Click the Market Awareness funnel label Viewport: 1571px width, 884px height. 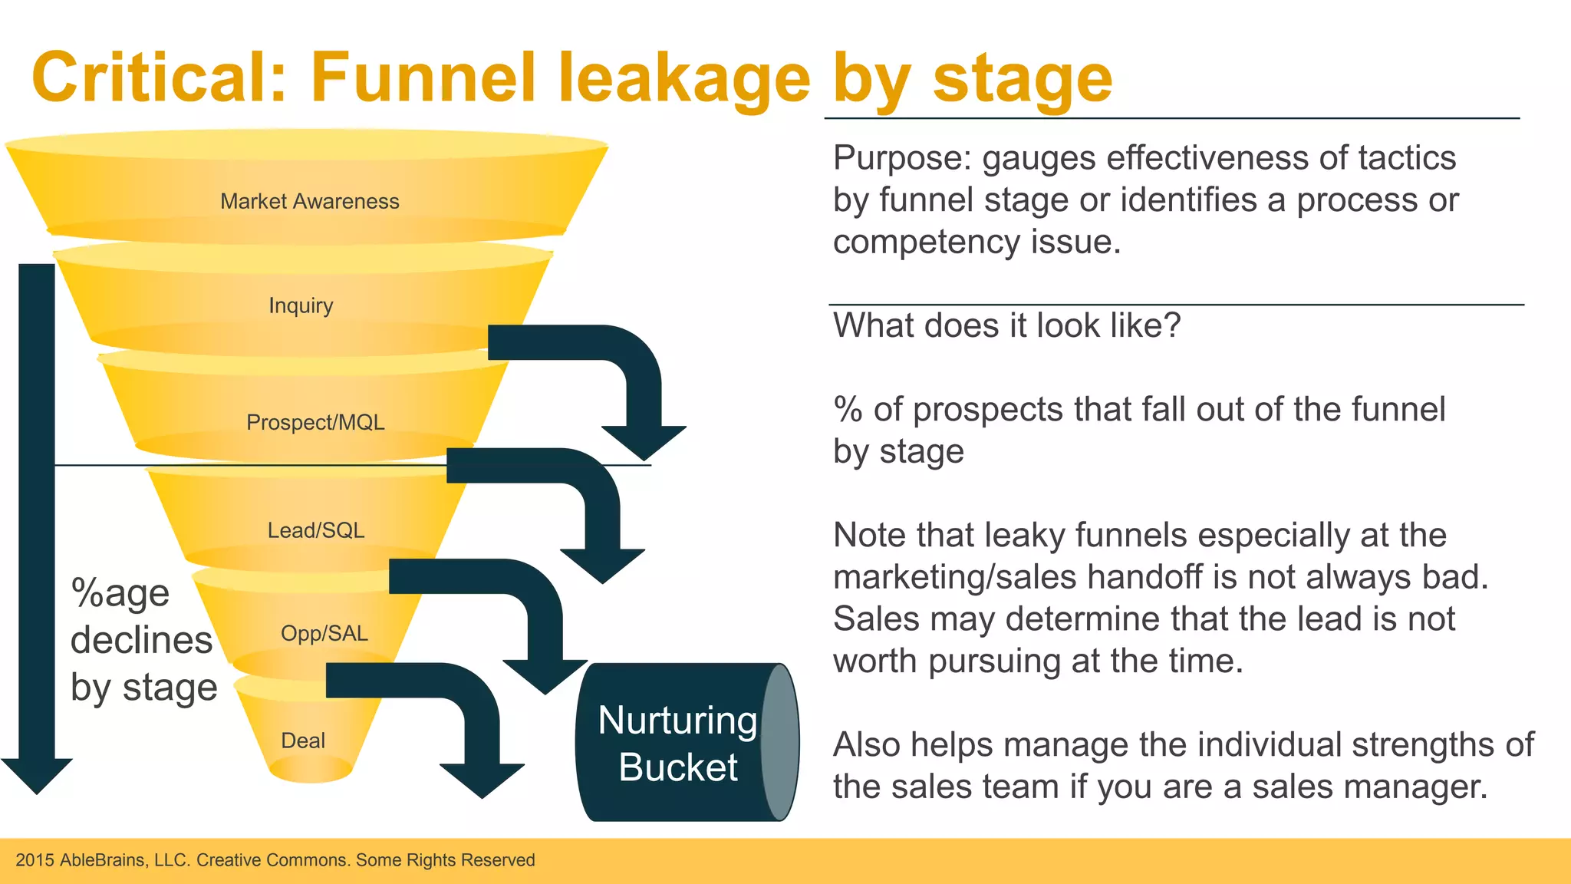pyautogui.click(x=309, y=201)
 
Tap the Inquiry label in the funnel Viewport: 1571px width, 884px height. pyautogui.click(x=301, y=305)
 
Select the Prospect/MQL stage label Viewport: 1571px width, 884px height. pyautogui.click(x=315, y=422)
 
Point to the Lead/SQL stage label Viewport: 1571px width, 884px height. pyautogui.click(x=315, y=530)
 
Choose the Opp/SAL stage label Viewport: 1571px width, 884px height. pyautogui.click(x=324, y=633)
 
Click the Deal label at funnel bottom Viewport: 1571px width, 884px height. pyautogui.click(x=303, y=741)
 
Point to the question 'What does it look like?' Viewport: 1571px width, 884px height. pyautogui.click(x=1006, y=325)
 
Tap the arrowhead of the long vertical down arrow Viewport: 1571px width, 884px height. pyautogui.click(x=37, y=775)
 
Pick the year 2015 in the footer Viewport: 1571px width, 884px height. pyautogui.click(x=35, y=860)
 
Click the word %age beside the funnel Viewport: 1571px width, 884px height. pyautogui.click(x=120, y=593)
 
